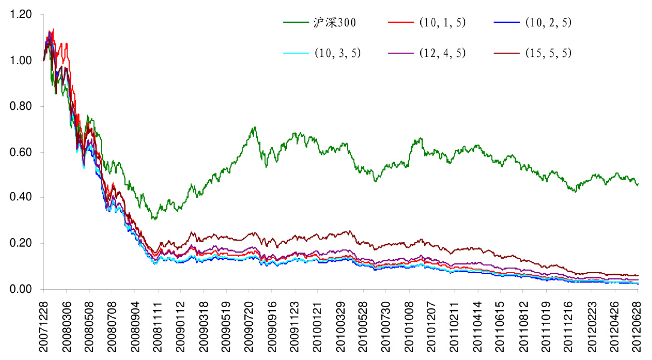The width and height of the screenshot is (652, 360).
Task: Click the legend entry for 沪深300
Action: point(335,23)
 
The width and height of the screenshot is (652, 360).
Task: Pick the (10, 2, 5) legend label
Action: point(548,23)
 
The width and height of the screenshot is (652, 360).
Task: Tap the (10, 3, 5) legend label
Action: point(337,53)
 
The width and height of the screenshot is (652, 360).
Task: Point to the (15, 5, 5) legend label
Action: point(548,53)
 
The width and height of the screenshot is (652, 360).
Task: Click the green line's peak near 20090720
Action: point(255,127)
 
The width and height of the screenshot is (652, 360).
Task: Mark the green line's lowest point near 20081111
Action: point(154,219)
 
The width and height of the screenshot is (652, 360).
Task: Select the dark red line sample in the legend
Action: point(508,53)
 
